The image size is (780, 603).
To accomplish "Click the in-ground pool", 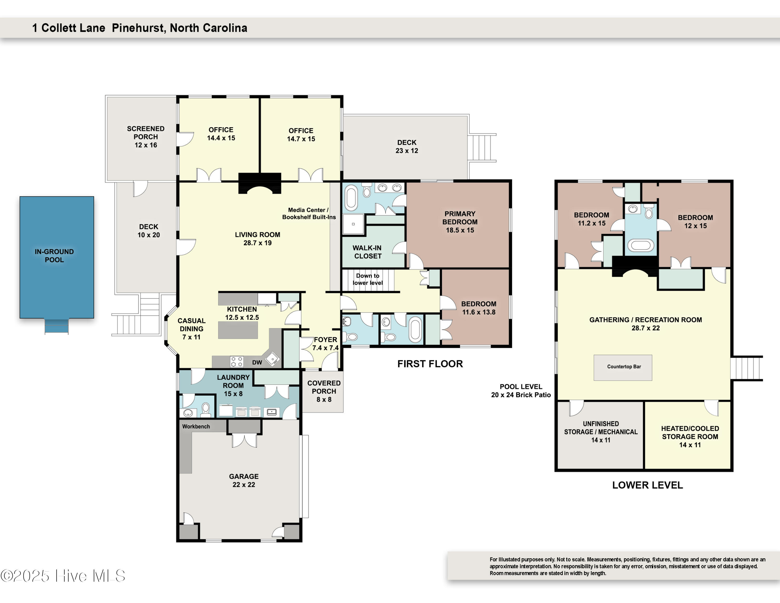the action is [57, 257].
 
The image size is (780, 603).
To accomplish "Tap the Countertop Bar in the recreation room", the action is [623, 367].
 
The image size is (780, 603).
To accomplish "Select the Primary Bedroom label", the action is [460, 222].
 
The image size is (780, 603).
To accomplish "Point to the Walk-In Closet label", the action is [367, 252].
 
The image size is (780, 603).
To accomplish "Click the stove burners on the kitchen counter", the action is [236, 362].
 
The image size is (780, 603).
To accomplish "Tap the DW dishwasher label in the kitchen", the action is [257, 363].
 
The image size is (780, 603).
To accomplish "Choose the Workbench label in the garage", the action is [196, 427].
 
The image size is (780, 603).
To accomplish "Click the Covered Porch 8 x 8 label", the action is [324, 391].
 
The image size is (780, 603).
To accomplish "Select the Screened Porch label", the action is [146, 137].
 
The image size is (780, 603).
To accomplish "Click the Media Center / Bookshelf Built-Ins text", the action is [309, 214].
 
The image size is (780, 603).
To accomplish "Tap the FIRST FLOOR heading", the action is [430, 364].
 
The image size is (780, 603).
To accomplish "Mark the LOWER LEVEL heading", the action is [647, 485].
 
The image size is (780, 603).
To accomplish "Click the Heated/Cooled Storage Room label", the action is [690, 437].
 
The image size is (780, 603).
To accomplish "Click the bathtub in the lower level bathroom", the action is [641, 245].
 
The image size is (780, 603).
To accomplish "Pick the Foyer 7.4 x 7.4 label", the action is [325, 344].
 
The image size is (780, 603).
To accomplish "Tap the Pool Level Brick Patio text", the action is [521, 391].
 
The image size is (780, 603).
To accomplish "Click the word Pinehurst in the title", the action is [139, 28].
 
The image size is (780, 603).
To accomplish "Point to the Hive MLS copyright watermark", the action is [63, 576].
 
